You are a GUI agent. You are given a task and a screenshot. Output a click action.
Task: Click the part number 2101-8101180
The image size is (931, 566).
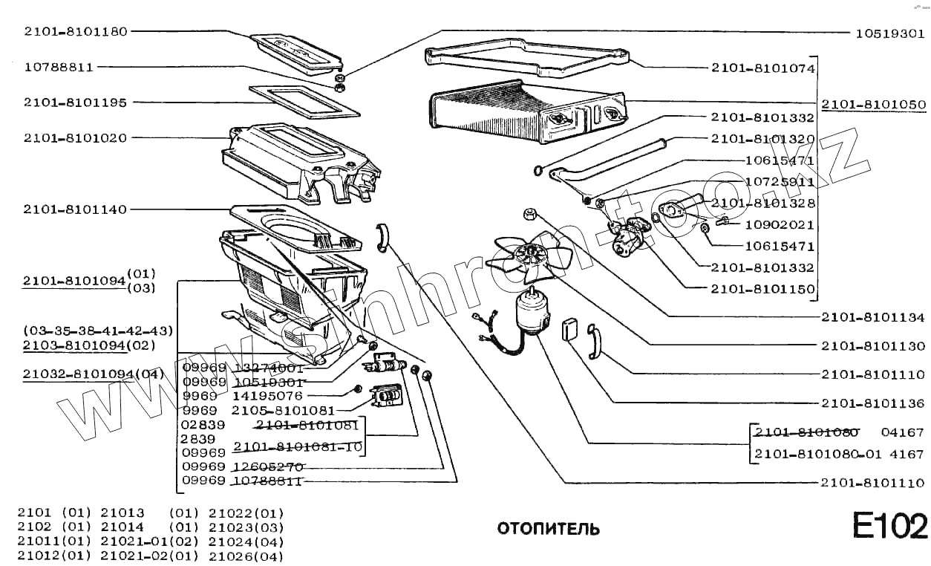tap(75, 31)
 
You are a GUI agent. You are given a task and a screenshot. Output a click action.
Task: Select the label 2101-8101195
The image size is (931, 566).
tap(75, 102)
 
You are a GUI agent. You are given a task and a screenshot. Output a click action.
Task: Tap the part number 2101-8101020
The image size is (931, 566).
tap(75, 137)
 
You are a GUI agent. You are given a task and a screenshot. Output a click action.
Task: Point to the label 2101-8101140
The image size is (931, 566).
tap(75, 209)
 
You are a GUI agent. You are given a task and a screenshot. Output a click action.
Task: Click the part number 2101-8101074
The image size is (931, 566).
tap(763, 68)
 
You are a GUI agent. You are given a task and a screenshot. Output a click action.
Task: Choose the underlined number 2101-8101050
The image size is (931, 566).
tap(873, 104)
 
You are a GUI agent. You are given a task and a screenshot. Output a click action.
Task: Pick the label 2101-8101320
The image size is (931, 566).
tap(763, 139)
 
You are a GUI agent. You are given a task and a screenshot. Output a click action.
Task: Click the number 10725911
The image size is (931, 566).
tap(780, 181)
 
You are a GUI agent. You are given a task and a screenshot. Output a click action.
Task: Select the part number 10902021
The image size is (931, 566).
tap(780, 224)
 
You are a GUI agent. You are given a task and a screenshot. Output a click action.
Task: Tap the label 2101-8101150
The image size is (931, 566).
tap(763, 289)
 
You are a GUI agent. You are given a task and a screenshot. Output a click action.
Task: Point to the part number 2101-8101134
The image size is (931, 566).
tap(873, 317)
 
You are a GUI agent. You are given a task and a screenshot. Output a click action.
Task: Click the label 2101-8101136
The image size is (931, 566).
tap(873, 403)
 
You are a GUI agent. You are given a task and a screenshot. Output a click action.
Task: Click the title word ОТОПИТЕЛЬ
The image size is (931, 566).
tap(548, 529)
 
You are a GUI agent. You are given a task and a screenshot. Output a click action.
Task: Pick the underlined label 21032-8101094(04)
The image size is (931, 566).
tap(93, 373)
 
